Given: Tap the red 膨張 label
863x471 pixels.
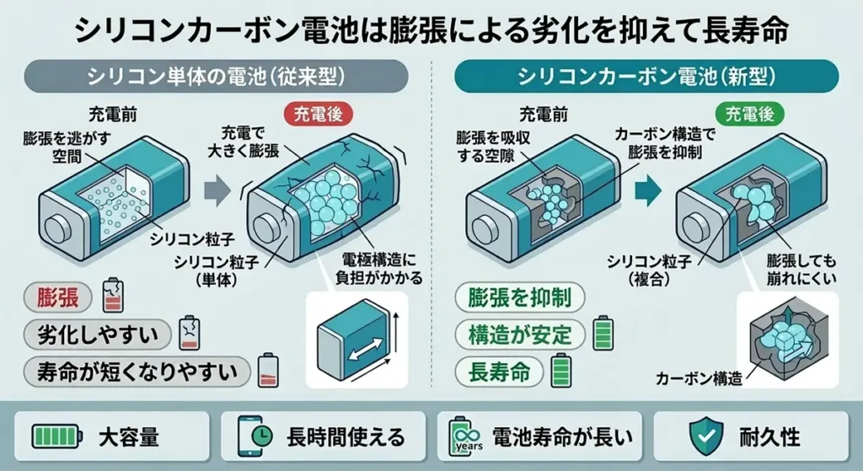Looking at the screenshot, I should click(57, 298).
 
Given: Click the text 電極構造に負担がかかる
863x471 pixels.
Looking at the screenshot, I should click(382, 267).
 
